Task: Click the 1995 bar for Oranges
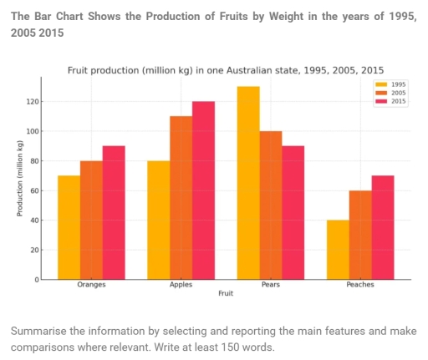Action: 69,227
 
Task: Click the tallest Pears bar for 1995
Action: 248,183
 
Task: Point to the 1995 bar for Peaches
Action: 338,250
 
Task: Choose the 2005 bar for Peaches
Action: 360,235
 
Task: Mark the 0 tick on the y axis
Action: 36,280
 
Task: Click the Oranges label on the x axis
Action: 91,285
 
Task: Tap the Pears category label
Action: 270,285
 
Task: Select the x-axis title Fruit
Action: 226,293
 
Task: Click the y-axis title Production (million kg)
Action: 19,179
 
